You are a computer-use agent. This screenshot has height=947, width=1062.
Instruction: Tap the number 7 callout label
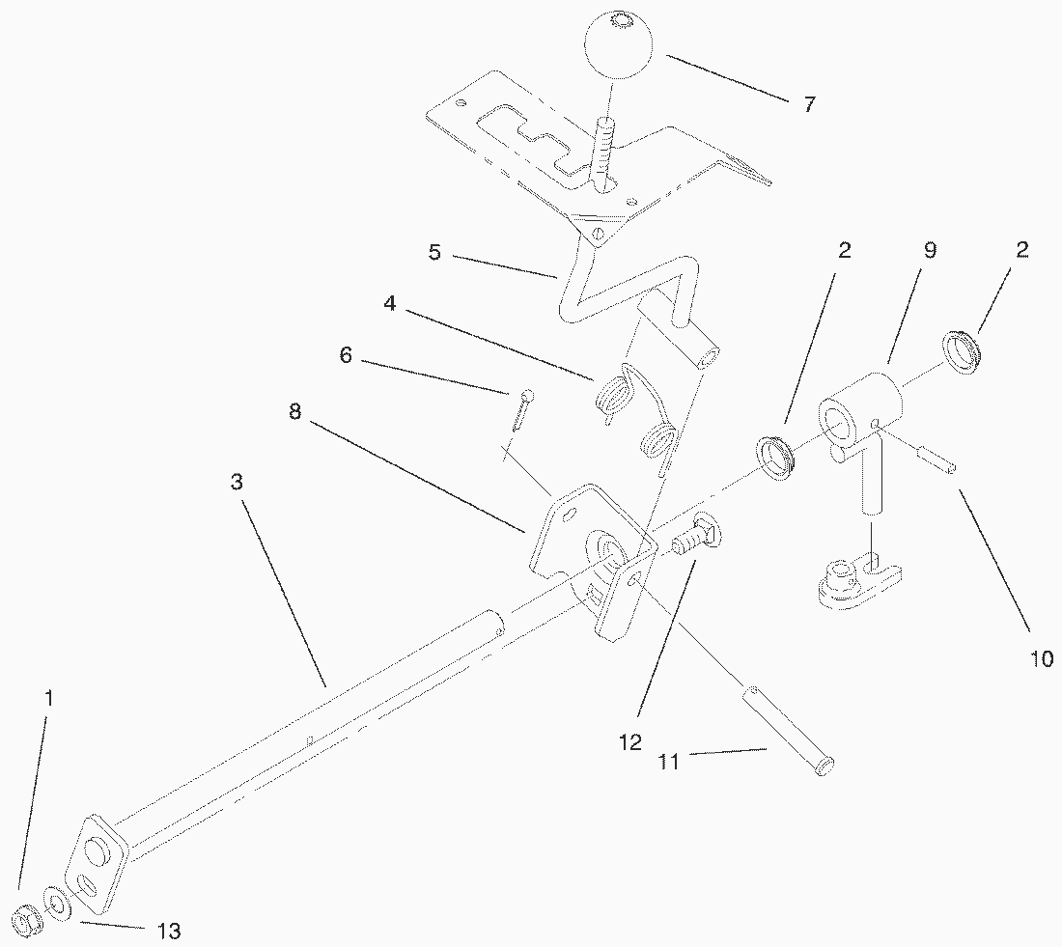pyautogui.click(x=808, y=104)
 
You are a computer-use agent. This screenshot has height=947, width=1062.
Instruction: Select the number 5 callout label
pyautogui.click(x=435, y=255)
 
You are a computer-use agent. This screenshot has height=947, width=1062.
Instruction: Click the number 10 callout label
pyautogui.click(x=1042, y=658)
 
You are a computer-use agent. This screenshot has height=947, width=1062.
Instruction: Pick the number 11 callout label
pyautogui.click(x=669, y=762)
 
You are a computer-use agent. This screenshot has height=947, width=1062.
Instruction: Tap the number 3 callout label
pyautogui.click(x=237, y=482)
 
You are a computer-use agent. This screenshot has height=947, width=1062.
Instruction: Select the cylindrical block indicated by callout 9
pyautogui.click(x=862, y=410)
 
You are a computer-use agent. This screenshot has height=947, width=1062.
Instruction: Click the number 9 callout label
pyautogui.click(x=929, y=251)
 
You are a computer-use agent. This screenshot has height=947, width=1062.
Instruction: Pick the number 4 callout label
pyautogui.click(x=389, y=303)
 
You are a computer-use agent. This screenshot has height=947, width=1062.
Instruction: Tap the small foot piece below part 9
pyautogui.click(x=859, y=582)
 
